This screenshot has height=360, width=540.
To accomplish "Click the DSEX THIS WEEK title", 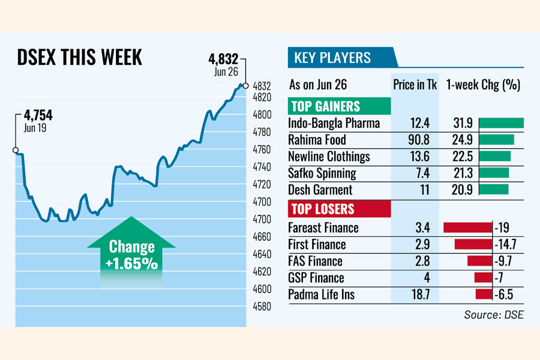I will (80, 58).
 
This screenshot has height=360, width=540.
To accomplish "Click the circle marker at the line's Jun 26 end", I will (245, 86).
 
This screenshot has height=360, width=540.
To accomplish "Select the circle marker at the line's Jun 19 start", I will (16, 150).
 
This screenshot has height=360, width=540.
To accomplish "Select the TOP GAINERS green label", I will (325, 107).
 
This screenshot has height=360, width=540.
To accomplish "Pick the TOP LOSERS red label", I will (322, 209).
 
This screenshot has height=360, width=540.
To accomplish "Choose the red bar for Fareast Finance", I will (467, 228).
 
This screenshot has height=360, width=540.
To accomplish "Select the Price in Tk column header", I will (415, 85).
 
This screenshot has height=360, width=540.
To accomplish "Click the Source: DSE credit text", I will (493, 315).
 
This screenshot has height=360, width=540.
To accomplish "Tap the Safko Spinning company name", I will (322, 173).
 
